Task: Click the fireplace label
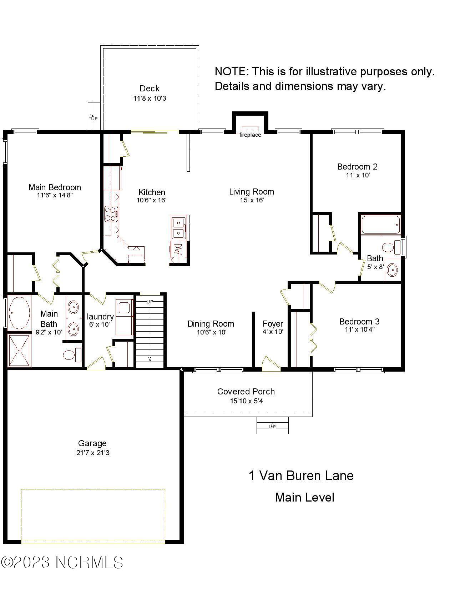click(x=250, y=135)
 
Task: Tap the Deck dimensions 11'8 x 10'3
click(x=150, y=98)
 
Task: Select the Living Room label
click(x=252, y=192)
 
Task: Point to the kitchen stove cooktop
click(x=111, y=214)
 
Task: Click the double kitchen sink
click(x=178, y=227)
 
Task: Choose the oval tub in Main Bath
click(x=19, y=313)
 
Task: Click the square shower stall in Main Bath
click(x=19, y=351)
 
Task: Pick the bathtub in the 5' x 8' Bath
click(x=381, y=225)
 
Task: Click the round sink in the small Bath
click(x=392, y=270)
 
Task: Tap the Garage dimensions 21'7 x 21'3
click(x=93, y=452)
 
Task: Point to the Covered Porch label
click(x=246, y=391)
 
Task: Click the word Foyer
click(x=273, y=324)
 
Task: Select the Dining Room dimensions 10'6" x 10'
click(x=211, y=332)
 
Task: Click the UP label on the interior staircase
click(x=150, y=302)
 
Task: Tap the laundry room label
click(x=100, y=317)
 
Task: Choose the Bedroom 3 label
click(x=359, y=322)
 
